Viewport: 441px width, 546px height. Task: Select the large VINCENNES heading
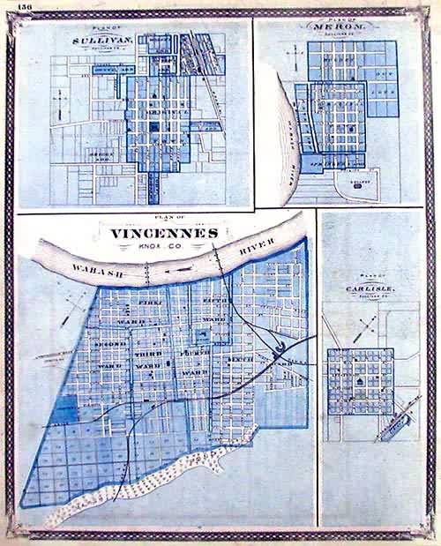coord(165,233)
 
